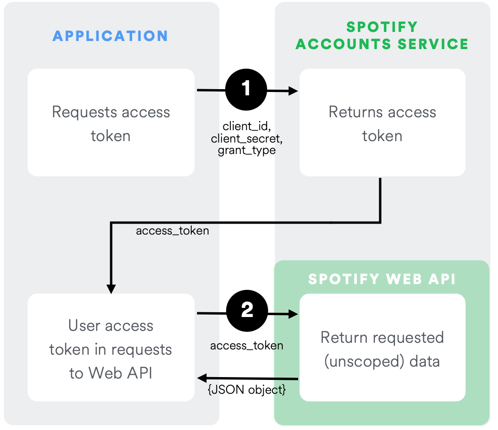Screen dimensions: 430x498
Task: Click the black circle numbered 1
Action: tap(246, 89)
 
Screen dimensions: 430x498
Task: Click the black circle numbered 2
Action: tap(247, 311)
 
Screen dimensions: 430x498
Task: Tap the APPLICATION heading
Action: tap(110, 36)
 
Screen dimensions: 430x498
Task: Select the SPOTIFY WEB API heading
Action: tap(382, 279)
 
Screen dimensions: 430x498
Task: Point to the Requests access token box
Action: tap(111, 123)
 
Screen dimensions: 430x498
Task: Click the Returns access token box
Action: tap(382, 123)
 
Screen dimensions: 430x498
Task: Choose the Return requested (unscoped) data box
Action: tap(382, 349)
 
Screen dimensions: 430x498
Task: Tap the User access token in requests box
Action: tap(111, 348)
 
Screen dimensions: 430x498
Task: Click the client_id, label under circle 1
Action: tap(246, 126)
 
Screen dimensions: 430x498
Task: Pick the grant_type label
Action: tap(247, 151)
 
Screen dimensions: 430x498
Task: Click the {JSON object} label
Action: tap(247, 390)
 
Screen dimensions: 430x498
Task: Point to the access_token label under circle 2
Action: tap(247, 346)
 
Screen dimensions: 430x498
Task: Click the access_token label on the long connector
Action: tap(172, 231)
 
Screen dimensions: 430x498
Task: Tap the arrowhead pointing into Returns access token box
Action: tap(293, 91)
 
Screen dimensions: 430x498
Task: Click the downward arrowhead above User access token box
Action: tap(111, 289)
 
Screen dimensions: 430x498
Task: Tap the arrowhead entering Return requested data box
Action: tap(293, 314)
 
